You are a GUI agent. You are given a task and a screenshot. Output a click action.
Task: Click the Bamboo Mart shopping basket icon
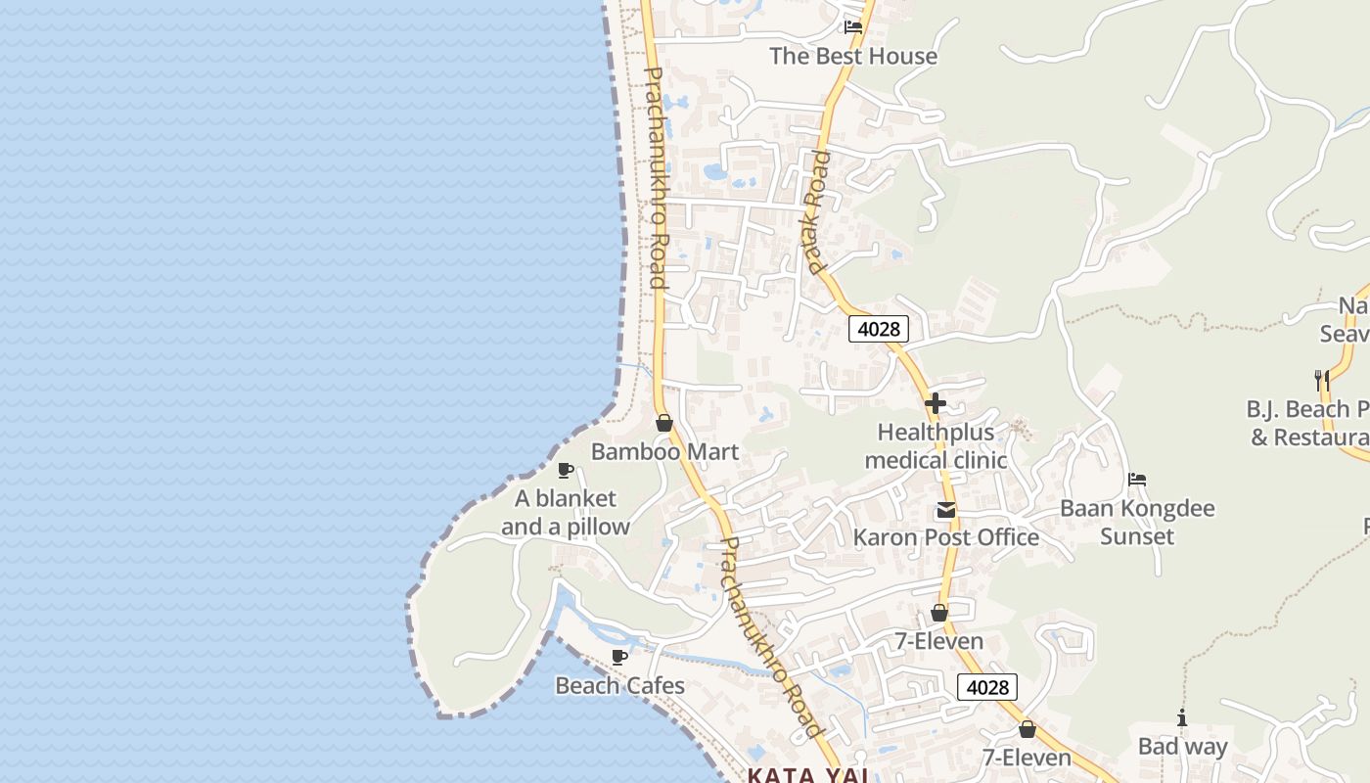click(663, 423)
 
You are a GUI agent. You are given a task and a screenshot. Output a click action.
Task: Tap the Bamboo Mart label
click(664, 452)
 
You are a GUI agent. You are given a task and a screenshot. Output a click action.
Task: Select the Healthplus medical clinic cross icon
click(936, 402)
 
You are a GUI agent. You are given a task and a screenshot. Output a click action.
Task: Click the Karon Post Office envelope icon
click(946, 510)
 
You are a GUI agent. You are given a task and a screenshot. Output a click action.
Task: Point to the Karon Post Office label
click(946, 537)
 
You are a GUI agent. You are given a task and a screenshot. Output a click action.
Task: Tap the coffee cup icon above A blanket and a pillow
click(565, 471)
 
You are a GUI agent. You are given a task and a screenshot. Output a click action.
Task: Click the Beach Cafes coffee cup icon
click(618, 657)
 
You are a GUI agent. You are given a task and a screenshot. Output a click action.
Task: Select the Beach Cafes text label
click(620, 685)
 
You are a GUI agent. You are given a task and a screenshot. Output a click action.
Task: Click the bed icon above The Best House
click(853, 27)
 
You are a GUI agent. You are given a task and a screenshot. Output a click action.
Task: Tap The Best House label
click(853, 56)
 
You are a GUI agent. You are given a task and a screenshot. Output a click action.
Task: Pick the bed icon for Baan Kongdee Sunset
click(1137, 480)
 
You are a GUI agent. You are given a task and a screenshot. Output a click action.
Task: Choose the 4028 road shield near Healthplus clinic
click(878, 329)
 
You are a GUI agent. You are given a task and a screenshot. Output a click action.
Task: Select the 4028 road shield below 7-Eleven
click(987, 687)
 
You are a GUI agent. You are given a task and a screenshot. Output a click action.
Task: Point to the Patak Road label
click(815, 211)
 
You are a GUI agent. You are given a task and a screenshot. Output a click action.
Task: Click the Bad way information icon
click(1182, 718)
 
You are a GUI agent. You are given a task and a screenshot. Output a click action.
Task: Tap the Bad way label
click(1182, 747)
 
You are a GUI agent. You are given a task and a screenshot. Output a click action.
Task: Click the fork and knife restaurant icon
click(1321, 380)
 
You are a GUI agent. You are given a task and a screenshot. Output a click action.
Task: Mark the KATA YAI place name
click(808, 775)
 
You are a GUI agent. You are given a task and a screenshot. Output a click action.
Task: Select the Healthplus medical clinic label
click(936, 446)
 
